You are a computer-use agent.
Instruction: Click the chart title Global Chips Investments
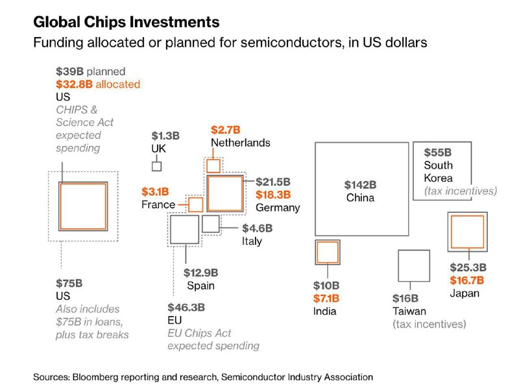click(x=127, y=22)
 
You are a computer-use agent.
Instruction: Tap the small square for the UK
click(x=156, y=166)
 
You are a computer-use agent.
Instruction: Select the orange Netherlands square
click(x=213, y=165)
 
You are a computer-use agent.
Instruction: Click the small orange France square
click(x=196, y=204)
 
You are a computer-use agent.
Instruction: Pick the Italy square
click(x=211, y=224)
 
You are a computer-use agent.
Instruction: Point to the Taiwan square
click(x=413, y=267)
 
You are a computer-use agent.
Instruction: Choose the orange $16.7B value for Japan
click(x=468, y=280)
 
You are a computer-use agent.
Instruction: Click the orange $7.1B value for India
click(x=326, y=299)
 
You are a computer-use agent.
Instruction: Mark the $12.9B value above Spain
click(x=200, y=273)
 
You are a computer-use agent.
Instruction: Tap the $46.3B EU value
click(x=186, y=308)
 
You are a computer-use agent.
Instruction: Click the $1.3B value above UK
click(x=165, y=136)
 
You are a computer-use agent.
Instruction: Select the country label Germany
click(x=278, y=208)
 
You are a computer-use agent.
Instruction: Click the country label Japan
click(x=465, y=293)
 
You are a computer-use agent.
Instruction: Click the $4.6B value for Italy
click(x=258, y=228)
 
